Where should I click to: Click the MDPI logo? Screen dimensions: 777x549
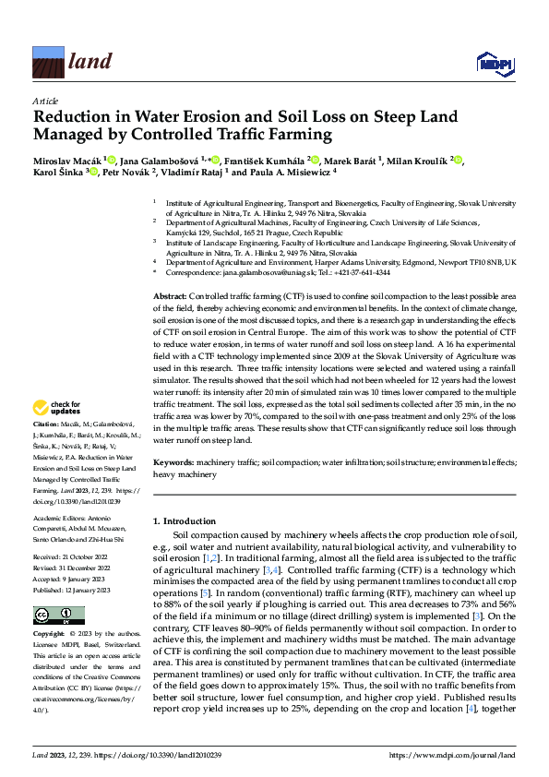coord(494,62)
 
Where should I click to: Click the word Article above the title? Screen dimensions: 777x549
coord(45,102)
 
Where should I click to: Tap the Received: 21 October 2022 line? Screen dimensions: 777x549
coord(76,558)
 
